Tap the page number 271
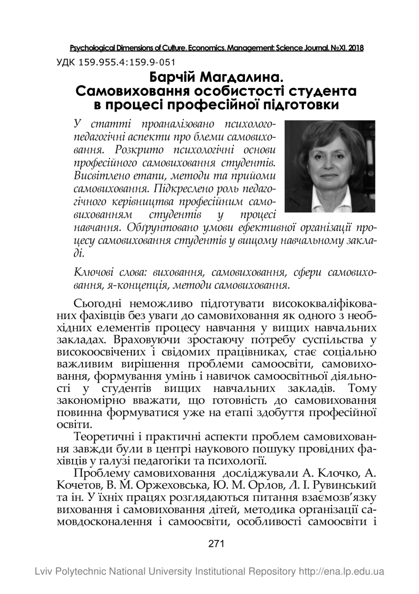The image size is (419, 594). pos(217,543)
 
